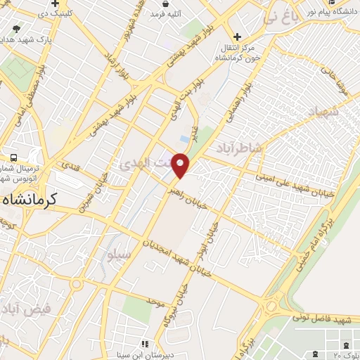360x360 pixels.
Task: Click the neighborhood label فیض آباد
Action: [x=30, y=309]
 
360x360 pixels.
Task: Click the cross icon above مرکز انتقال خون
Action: [x=238, y=37]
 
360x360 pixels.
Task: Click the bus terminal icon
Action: [x=13, y=158]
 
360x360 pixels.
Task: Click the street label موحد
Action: [x=155, y=302]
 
